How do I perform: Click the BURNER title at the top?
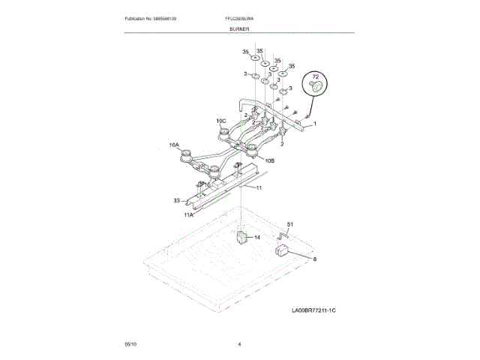[240, 28]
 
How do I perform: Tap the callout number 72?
[315, 77]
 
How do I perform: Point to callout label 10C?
[221, 121]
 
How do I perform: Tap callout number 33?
[177, 200]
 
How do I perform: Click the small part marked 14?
[242, 238]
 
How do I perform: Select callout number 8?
[315, 259]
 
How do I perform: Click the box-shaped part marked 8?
[283, 250]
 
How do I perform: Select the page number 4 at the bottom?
[239, 343]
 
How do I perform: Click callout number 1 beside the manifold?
[315, 123]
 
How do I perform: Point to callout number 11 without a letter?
[259, 187]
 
